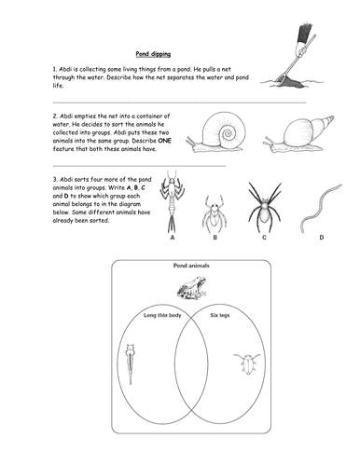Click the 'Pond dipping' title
[153, 54]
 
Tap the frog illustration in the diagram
[191, 289]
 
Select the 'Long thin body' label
[162, 315]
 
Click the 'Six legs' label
[220, 315]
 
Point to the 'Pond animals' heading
[191, 266]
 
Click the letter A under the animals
[173, 238]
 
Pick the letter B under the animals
[215, 238]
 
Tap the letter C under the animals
[264, 238]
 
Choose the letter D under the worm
[322, 238]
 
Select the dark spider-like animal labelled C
[264, 207]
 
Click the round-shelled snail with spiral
[217, 133]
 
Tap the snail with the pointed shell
[299, 134]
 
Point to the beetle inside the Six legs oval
[247, 363]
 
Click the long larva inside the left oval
[131, 363]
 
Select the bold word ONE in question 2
[164, 141]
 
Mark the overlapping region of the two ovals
[191, 363]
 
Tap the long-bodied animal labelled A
[172, 201]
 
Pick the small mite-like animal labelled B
[215, 213]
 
